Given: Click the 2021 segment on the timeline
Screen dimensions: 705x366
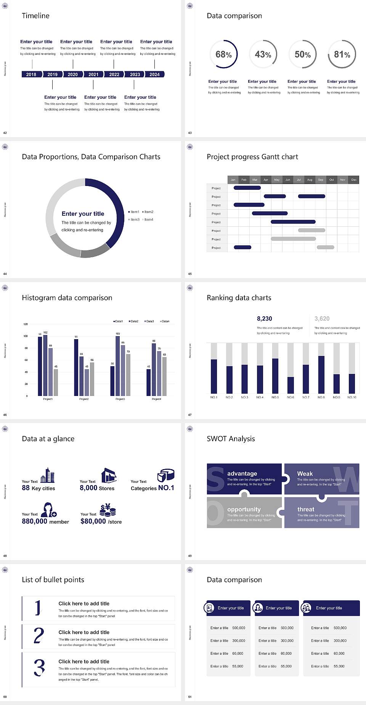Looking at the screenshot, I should click(x=93, y=74).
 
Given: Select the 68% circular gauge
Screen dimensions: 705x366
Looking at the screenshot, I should click(x=223, y=54).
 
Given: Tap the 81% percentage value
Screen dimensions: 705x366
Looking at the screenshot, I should click(x=342, y=54).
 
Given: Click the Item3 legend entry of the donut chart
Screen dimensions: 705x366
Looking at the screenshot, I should click(x=134, y=220).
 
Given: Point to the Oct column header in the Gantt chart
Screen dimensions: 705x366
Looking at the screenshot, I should click(x=332, y=179).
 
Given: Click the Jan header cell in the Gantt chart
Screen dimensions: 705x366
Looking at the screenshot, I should click(x=233, y=179).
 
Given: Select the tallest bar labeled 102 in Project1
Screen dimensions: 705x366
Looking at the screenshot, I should click(x=45, y=364).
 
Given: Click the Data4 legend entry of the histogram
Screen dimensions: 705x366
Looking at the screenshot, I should click(x=165, y=321).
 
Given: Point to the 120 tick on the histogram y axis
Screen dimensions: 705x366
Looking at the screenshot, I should click(x=26, y=324).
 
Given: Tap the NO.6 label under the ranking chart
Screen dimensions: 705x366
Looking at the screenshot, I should click(x=291, y=397).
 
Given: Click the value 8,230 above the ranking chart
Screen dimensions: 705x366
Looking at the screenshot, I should click(x=264, y=319).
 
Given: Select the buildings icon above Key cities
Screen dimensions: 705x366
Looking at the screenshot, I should click(x=48, y=475).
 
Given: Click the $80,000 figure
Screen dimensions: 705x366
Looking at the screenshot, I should click(x=93, y=521).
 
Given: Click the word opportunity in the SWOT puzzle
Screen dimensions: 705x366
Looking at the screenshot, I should click(x=244, y=510).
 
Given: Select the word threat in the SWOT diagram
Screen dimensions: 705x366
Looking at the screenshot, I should click(x=306, y=510).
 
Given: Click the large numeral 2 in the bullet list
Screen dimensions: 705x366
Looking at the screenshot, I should click(x=39, y=636).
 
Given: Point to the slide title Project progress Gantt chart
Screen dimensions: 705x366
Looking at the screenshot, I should click(x=252, y=157).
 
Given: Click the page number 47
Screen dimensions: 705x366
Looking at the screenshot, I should click(x=190, y=415).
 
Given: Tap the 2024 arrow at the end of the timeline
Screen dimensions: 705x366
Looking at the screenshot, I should click(x=154, y=74).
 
